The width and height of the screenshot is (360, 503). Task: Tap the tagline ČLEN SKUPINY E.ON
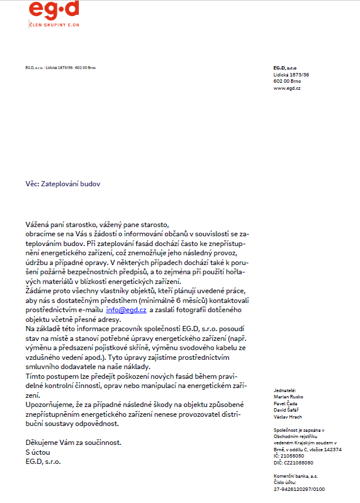click(x=54, y=24)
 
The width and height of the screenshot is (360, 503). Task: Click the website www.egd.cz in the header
click(x=287, y=88)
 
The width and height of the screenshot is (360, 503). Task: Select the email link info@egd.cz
click(x=126, y=310)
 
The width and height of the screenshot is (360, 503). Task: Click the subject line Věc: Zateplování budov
click(x=67, y=184)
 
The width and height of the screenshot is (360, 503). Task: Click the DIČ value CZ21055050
click(x=298, y=462)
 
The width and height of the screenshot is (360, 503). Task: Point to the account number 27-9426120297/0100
click(x=299, y=489)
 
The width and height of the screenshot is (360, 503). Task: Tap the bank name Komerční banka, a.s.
click(x=296, y=476)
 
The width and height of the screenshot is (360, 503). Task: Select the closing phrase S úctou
click(x=38, y=452)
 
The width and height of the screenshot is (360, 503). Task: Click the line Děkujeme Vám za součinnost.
click(x=74, y=443)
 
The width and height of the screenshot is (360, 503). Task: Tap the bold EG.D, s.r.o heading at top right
click(x=285, y=68)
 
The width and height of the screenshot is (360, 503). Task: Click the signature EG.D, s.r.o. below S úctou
click(x=43, y=462)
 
